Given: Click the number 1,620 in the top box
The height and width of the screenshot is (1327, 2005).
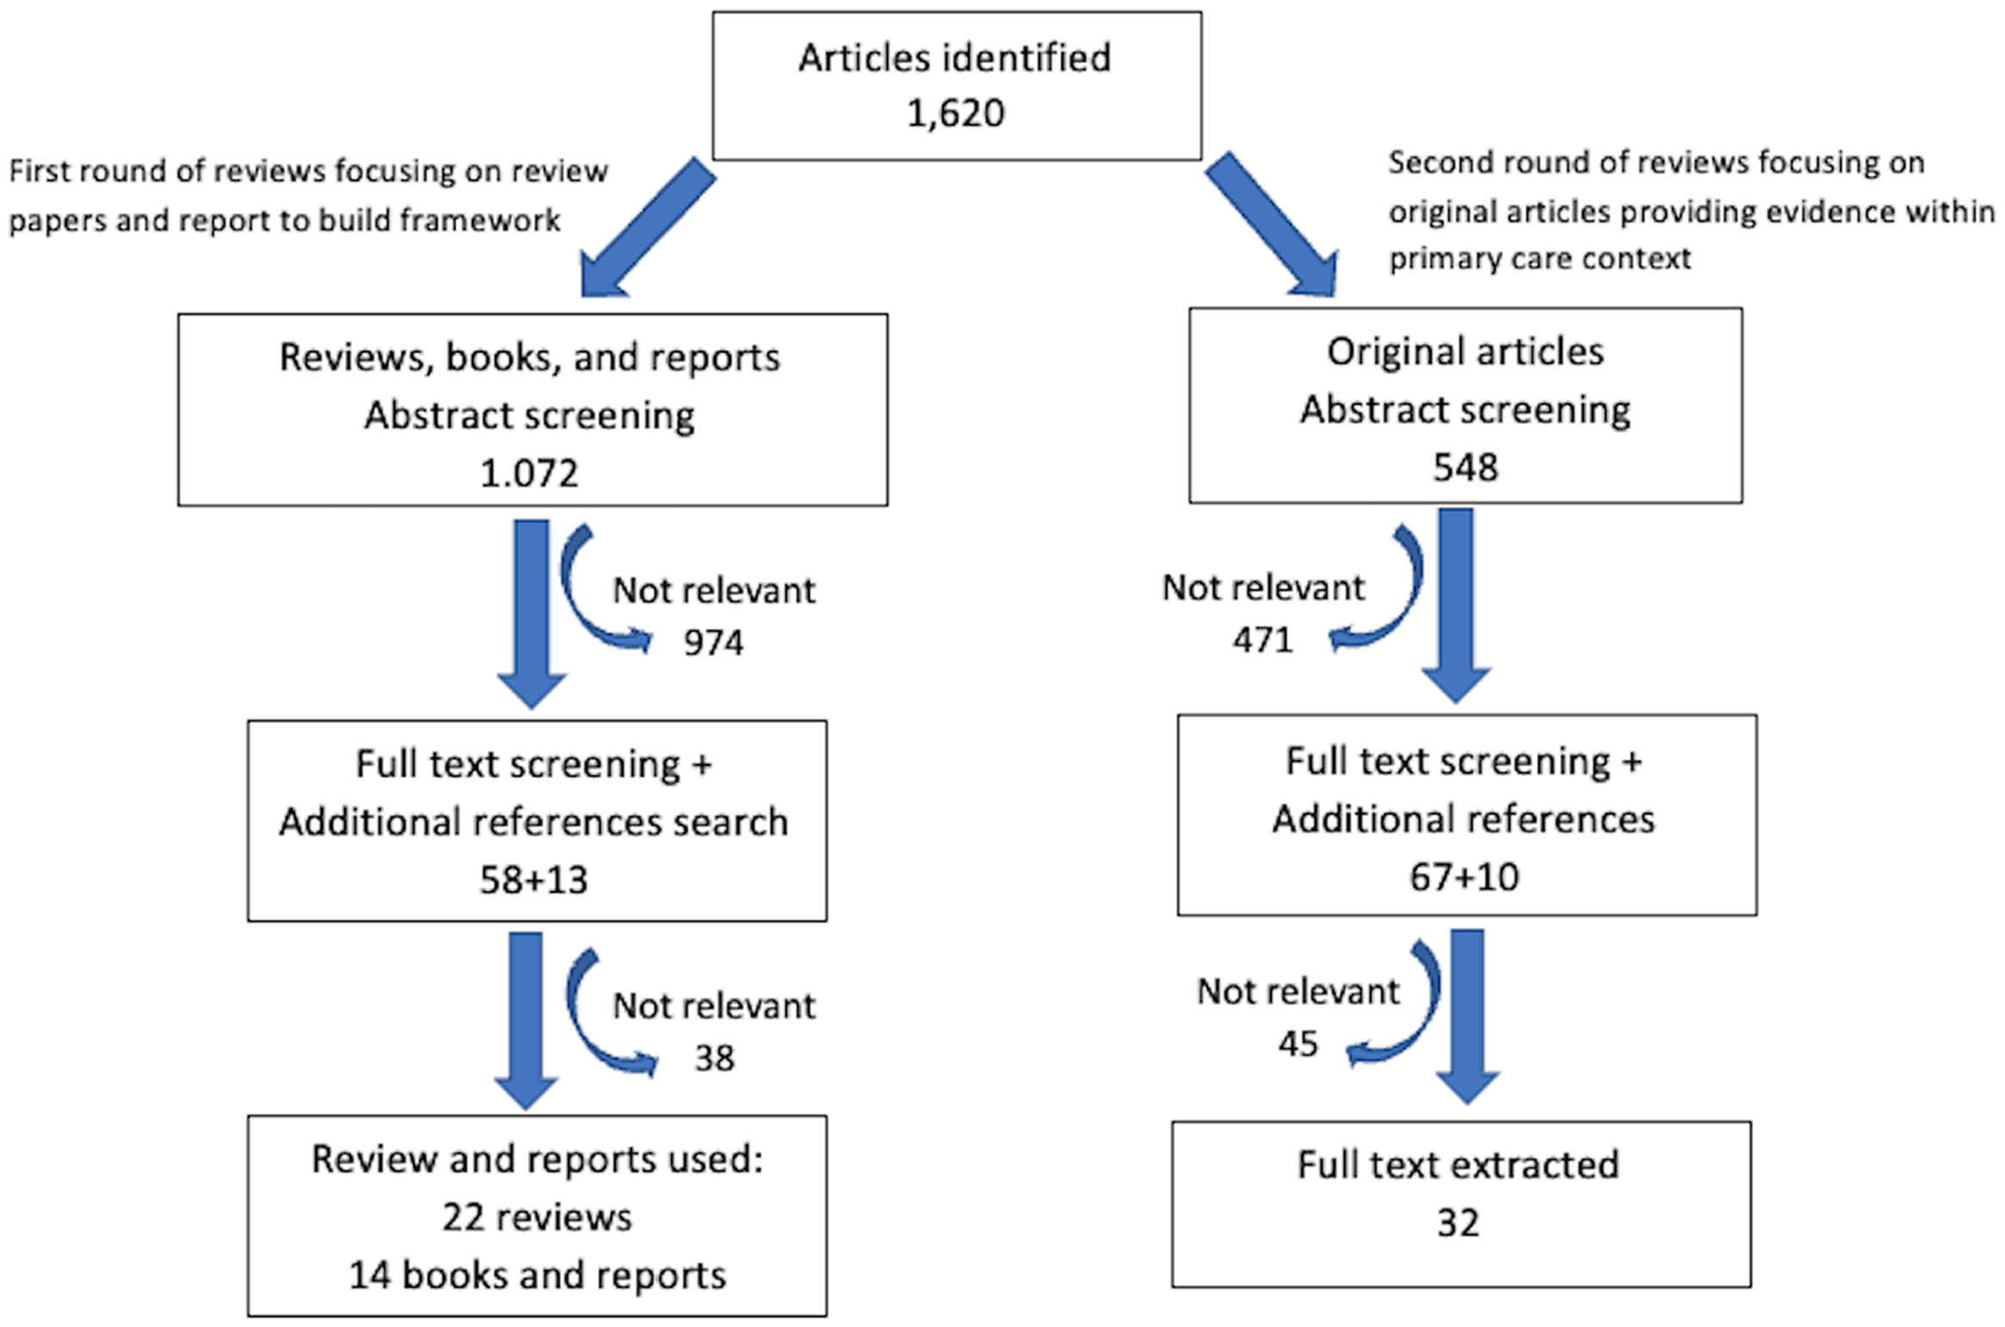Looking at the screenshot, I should click(955, 113).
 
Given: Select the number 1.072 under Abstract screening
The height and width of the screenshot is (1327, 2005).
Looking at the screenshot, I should click(529, 473).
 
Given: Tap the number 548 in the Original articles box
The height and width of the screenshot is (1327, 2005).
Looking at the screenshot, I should click(1464, 468).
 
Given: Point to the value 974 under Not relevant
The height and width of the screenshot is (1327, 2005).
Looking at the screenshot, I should click(712, 642).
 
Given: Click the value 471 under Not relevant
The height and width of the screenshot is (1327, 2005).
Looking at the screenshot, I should click(1262, 640).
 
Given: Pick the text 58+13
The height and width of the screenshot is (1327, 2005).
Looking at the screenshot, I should click(533, 880).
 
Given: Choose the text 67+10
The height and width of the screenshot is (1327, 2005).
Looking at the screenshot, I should click(1464, 877).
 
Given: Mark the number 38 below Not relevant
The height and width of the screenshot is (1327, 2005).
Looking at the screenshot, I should click(713, 1058).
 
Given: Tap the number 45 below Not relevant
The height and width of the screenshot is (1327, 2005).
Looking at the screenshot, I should click(1297, 1044).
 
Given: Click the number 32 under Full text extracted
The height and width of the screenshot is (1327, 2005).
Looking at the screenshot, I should click(1458, 1223).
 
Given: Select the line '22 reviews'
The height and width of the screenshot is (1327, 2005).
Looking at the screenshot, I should click(536, 1218).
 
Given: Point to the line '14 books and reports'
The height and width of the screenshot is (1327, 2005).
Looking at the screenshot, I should click(536, 1275).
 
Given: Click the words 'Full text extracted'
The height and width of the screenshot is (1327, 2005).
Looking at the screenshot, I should click(1458, 1166).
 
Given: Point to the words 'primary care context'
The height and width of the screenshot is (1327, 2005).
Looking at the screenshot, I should click(1539, 259).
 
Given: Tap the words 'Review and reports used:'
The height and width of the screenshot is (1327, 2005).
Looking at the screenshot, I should click(536, 1160).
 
